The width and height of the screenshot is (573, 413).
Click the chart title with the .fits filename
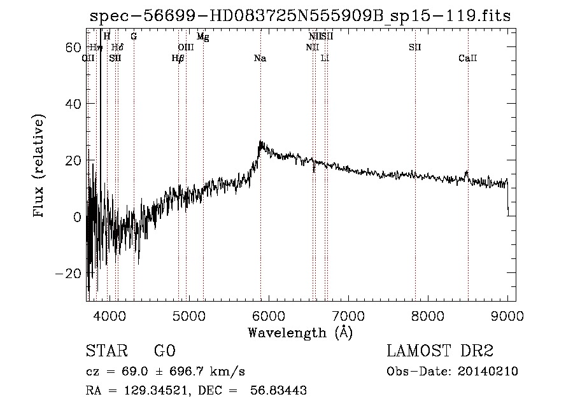[299, 17]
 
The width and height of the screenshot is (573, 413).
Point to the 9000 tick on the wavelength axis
[507, 315]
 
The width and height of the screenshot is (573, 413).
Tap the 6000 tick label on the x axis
[269, 315]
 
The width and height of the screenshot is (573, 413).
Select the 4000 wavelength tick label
[110, 315]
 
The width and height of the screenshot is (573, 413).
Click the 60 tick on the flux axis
[74, 48]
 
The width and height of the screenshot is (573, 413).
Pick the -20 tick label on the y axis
[69, 273]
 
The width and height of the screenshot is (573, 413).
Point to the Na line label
[260, 59]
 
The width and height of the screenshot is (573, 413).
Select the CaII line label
[467, 59]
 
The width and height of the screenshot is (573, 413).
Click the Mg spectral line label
[202, 37]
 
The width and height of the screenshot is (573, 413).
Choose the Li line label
[325, 59]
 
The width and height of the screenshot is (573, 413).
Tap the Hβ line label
[178, 59]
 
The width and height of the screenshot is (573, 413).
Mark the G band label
[134, 37]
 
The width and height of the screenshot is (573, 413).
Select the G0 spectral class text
[164, 351]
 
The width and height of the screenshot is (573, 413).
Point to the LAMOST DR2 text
[440, 351]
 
